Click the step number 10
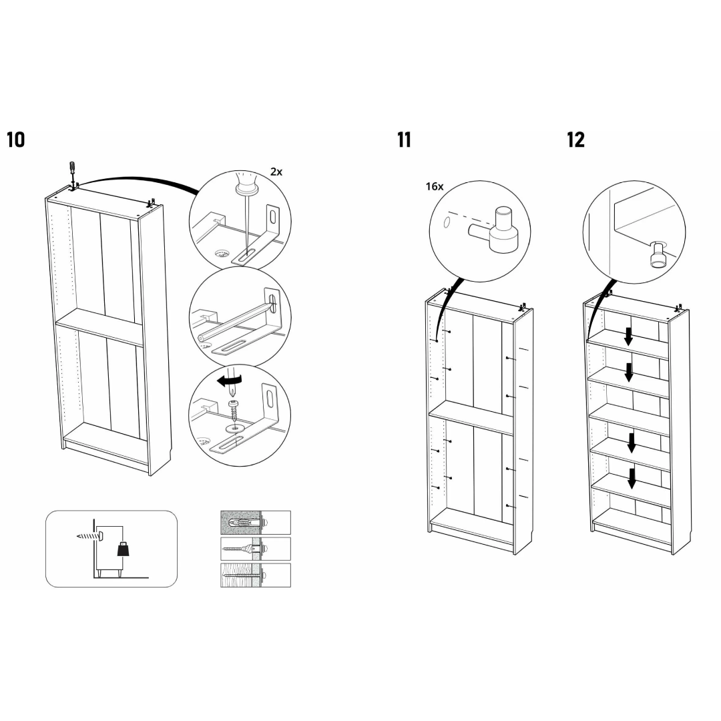pyautogui.click(x=15, y=140)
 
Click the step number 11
pyautogui.click(x=404, y=140)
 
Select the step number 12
pyautogui.click(x=575, y=140)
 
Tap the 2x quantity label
pyautogui.click(x=276, y=172)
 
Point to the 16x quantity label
pyautogui.click(x=435, y=187)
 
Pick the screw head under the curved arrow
pyautogui.click(x=234, y=405)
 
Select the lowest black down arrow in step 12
pyautogui.click(x=632, y=477)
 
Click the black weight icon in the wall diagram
pyautogui.click(x=123, y=549)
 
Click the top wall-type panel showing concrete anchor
pyautogui.click(x=256, y=522)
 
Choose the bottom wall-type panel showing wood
pyautogui.click(x=256, y=575)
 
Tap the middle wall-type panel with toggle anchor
pyautogui.click(x=256, y=549)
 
